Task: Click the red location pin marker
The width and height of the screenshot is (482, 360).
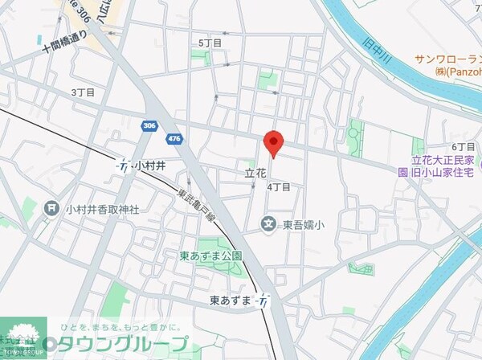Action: (274, 142)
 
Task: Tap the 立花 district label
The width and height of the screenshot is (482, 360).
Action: (255, 173)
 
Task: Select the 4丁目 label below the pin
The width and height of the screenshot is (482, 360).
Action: (278, 186)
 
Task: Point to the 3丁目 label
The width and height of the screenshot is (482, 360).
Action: (83, 92)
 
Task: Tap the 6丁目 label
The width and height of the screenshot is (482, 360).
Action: (464, 146)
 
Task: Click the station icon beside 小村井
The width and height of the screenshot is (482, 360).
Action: (124, 166)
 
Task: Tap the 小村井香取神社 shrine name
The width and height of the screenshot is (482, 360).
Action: (103, 209)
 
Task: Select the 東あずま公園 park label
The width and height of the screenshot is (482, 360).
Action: (211, 256)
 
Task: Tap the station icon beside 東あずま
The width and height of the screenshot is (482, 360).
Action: (263, 300)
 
